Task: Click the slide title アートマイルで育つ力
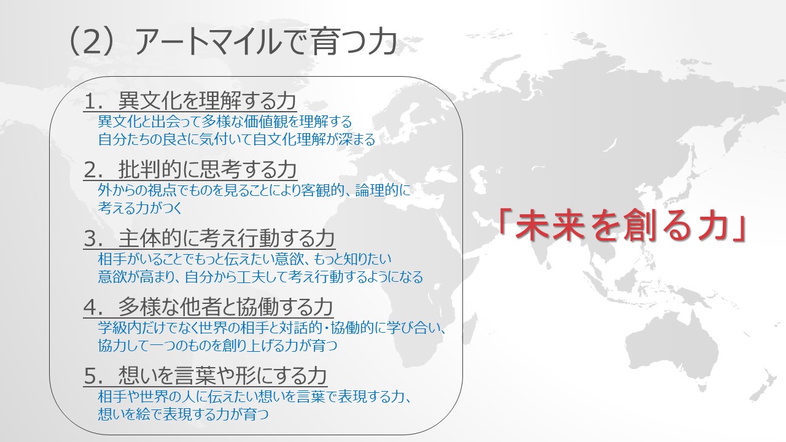click(265, 42)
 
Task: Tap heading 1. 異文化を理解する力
click(190, 101)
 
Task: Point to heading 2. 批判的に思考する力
click(190, 170)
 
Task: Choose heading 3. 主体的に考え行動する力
click(209, 239)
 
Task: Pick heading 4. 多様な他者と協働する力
click(208, 308)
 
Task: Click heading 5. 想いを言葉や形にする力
click(205, 376)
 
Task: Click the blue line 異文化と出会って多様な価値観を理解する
click(225, 122)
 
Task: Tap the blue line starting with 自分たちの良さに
click(236, 139)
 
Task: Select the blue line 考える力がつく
click(140, 208)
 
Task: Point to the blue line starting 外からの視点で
click(254, 190)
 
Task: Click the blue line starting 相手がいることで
click(244, 259)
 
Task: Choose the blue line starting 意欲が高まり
click(260, 277)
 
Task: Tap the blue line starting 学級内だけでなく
click(271, 328)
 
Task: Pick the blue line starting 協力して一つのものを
click(217, 346)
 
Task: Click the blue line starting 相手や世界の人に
click(254, 397)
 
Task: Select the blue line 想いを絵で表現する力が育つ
click(183, 414)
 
